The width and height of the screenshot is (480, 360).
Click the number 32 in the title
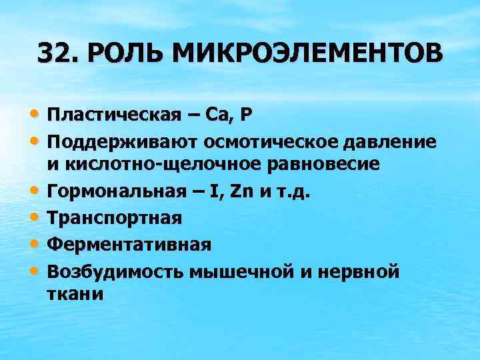(x=55, y=53)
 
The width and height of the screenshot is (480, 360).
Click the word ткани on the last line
(x=75, y=294)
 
